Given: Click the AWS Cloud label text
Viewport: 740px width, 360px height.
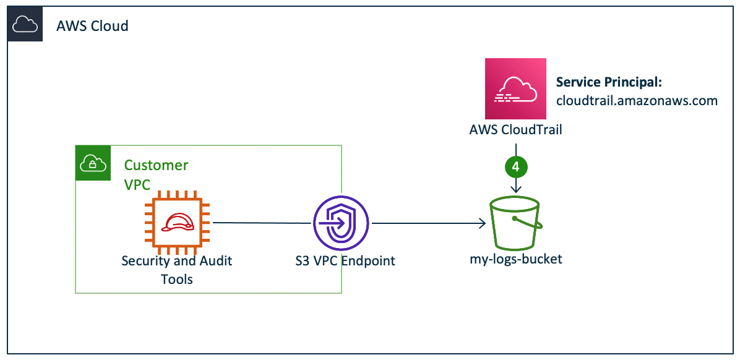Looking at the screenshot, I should tap(92, 26).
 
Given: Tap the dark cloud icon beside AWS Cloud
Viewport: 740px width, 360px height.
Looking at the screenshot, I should tap(25, 25).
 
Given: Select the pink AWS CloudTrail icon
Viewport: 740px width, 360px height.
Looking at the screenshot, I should tap(515, 88).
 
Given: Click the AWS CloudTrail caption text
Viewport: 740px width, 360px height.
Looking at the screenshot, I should tap(515, 131).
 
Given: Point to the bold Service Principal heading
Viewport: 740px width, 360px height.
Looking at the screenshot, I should tap(609, 82).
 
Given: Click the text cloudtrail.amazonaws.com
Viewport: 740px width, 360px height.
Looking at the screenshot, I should tap(637, 101).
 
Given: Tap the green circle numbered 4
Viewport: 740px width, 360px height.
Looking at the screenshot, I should tap(515, 166).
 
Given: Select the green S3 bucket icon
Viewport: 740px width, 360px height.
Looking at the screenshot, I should tap(515, 222).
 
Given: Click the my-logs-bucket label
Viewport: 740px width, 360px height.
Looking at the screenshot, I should tap(515, 259).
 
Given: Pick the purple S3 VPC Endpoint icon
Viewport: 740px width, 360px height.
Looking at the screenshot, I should tap(340, 223).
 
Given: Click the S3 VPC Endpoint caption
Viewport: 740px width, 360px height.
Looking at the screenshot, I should tap(345, 260).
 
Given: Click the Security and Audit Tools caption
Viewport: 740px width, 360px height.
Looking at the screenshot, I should tap(177, 270).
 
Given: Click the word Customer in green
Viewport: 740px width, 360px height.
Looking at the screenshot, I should tap(156, 165).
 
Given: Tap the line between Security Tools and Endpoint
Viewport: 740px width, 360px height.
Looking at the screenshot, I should tap(260, 223).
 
